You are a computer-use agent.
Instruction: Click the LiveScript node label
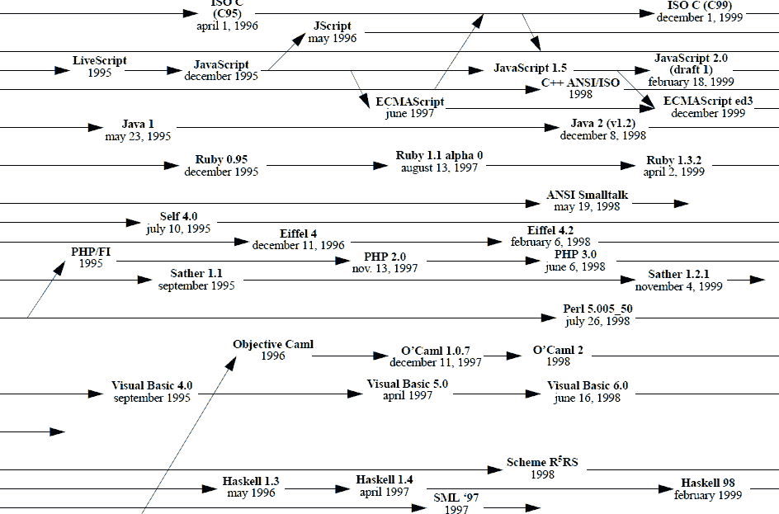[x=100, y=61]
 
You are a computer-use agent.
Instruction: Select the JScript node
[x=333, y=26]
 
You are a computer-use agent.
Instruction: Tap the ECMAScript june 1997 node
[x=410, y=101]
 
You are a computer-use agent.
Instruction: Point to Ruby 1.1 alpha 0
[x=439, y=155]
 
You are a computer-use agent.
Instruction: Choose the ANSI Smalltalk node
[x=587, y=195]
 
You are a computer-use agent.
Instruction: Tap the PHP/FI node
[x=92, y=251]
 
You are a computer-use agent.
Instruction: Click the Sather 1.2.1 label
[x=678, y=274]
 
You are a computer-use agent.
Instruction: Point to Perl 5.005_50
[x=597, y=309]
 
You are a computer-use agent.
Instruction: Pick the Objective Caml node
[x=273, y=344]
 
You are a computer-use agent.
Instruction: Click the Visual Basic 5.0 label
[x=408, y=384]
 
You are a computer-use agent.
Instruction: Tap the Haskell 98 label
[x=708, y=483]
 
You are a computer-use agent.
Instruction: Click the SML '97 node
[x=456, y=498]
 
